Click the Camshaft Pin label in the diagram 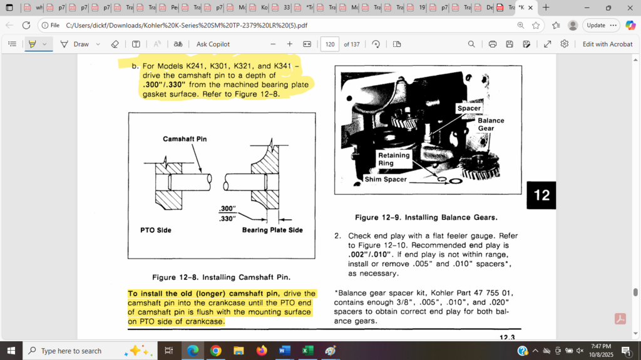point(185,139)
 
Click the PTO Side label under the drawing point(156,230)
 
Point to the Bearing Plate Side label point(272,230)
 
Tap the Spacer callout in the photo point(469,108)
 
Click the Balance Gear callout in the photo point(491,124)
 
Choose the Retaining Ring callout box point(394,159)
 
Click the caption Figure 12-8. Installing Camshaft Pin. point(221,277)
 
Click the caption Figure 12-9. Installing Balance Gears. point(426,218)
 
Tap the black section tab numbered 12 point(541,195)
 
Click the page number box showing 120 point(329,44)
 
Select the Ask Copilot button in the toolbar point(213,44)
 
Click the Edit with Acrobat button point(607,44)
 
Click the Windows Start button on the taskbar point(11,351)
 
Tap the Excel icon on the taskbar point(307,351)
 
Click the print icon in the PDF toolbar point(493,44)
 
